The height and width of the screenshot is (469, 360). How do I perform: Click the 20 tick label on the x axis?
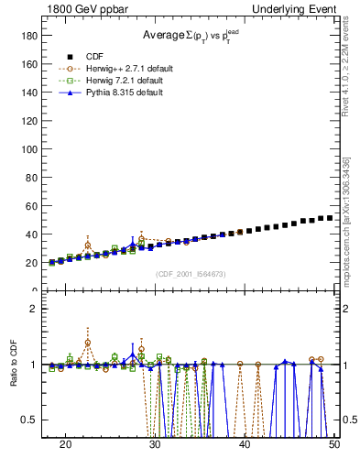tap(65, 444)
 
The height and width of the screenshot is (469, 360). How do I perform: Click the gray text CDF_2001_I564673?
tap(190, 275)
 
